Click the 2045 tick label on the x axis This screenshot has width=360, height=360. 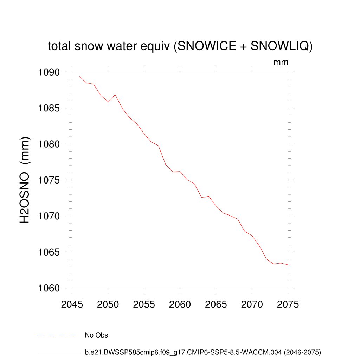click(72, 304)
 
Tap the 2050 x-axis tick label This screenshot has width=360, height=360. click(108, 304)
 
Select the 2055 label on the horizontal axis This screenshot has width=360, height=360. click(144, 304)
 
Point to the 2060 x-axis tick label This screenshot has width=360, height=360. click(180, 304)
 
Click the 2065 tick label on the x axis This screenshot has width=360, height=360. click(216, 304)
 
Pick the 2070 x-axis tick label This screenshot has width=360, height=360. click(252, 304)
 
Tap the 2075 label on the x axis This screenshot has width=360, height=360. click(288, 304)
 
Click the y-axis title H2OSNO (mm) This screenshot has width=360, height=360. click(25, 180)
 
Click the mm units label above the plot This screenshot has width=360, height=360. click(281, 63)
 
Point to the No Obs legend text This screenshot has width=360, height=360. click(96, 335)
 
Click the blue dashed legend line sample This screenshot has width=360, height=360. click(57, 335)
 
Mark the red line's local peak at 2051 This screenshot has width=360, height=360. click(115, 95)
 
